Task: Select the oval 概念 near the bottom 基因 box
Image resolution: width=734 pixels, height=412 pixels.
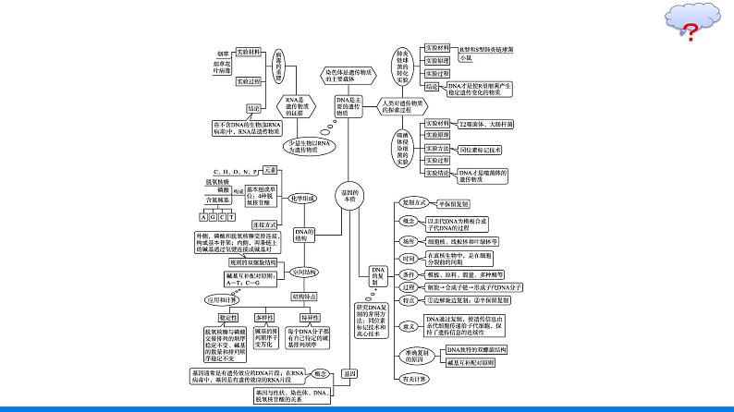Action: click(320, 374)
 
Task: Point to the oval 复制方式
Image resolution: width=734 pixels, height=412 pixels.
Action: click(412, 202)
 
